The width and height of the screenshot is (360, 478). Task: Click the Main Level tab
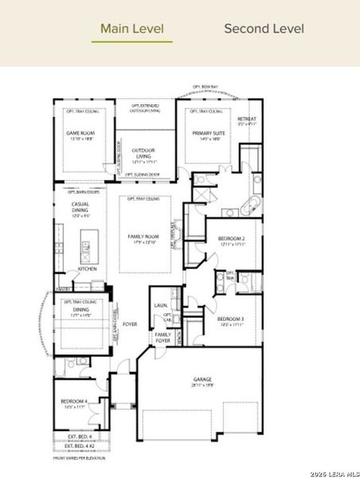click(132, 29)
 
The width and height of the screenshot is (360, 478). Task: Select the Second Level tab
click(264, 29)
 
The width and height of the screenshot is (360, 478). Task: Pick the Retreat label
click(246, 120)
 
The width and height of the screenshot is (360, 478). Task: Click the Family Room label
click(144, 237)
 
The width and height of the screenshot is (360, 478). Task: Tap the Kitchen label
click(87, 270)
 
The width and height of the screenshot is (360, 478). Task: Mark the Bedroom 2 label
click(230, 240)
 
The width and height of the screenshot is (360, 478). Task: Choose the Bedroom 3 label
click(230, 319)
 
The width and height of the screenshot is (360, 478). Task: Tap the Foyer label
click(130, 324)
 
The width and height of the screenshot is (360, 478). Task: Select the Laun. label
click(158, 304)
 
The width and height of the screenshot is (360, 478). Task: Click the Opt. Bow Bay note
click(206, 86)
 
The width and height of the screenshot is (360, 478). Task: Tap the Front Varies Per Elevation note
click(78, 458)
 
